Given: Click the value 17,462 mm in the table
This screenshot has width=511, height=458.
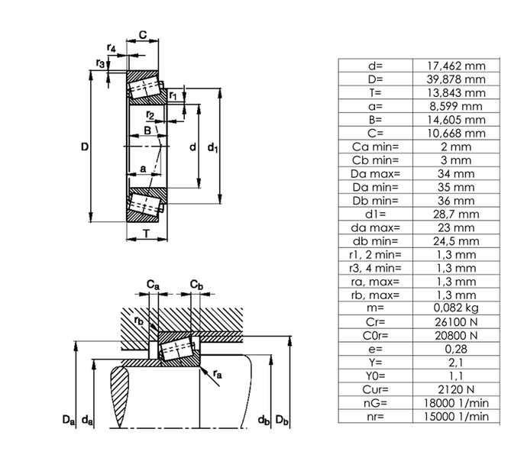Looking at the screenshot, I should [x=455, y=66].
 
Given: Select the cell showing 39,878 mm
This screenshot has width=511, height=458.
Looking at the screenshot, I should [x=455, y=79].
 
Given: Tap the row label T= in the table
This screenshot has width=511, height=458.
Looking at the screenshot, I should [x=375, y=92].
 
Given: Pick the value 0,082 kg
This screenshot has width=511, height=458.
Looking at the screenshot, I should [x=455, y=307].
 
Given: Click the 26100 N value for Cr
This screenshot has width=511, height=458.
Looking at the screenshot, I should [x=455, y=321].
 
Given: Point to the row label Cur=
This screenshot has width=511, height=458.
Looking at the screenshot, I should [x=375, y=388].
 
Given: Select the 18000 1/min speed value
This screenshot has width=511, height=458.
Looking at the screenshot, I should [x=455, y=402].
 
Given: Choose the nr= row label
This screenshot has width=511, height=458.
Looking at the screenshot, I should [x=375, y=415].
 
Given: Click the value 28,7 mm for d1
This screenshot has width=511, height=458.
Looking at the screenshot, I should [x=455, y=213].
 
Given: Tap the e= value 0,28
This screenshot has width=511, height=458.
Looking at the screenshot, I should [x=455, y=347].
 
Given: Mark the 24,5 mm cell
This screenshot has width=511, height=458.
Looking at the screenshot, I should [x=455, y=240].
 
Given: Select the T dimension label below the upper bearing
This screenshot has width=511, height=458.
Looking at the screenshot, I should [x=146, y=234].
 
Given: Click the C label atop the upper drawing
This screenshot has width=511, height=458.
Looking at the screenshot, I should [x=142, y=34].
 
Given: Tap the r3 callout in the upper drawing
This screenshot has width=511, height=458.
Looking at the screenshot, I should [x=100, y=63].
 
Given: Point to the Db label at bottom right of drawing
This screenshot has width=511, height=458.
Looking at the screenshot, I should [x=282, y=420].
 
